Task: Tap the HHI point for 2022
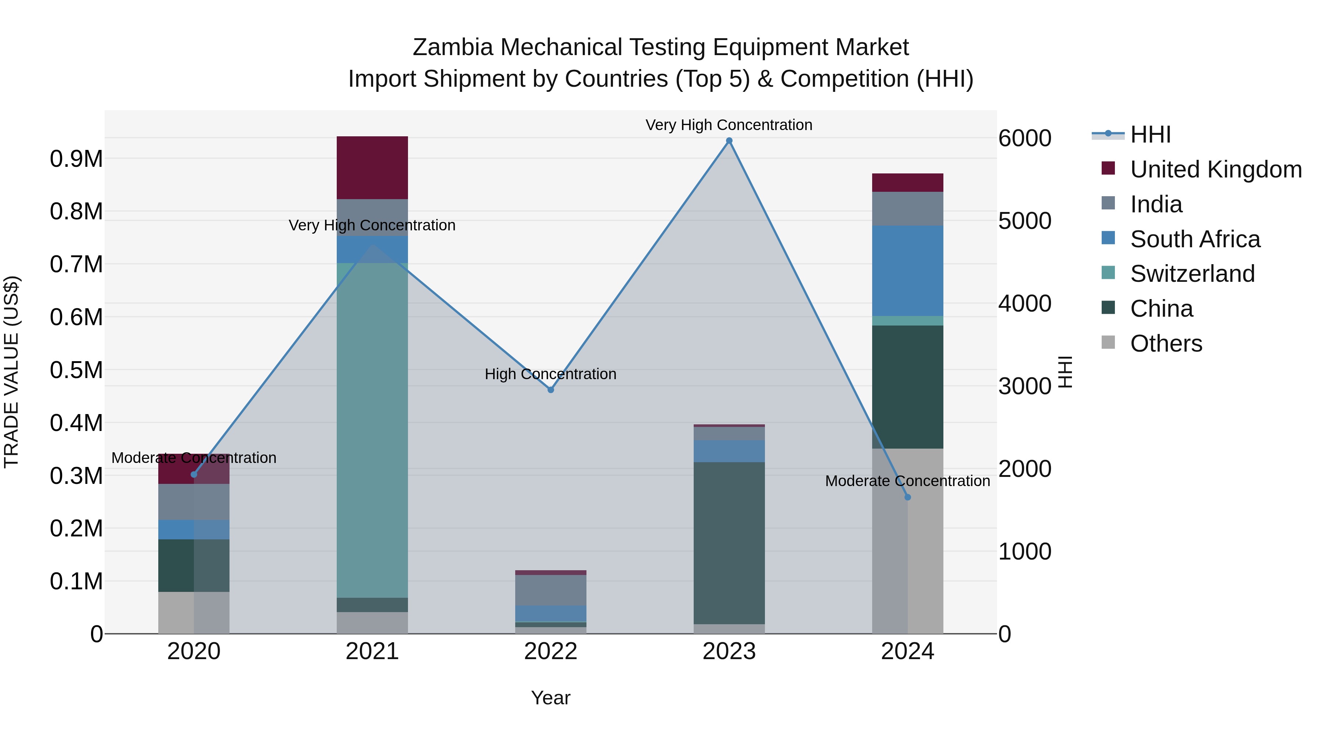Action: tap(551, 390)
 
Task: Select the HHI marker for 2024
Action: tap(907, 497)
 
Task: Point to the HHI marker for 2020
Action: tap(194, 474)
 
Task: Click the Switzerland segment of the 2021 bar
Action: tap(372, 430)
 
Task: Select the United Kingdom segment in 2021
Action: tap(372, 168)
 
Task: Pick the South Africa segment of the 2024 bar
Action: tap(907, 270)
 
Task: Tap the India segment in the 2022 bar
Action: tap(551, 590)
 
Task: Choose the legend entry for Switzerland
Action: tap(1192, 274)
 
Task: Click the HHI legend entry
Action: tap(1150, 134)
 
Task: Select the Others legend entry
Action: tap(1166, 344)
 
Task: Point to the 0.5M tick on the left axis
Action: tap(76, 370)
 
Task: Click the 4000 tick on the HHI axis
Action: tap(1024, 303)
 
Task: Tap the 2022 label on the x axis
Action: tap(551, 651)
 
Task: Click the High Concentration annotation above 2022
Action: tap(551, 374)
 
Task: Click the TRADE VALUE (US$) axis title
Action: tap(11, 372)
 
